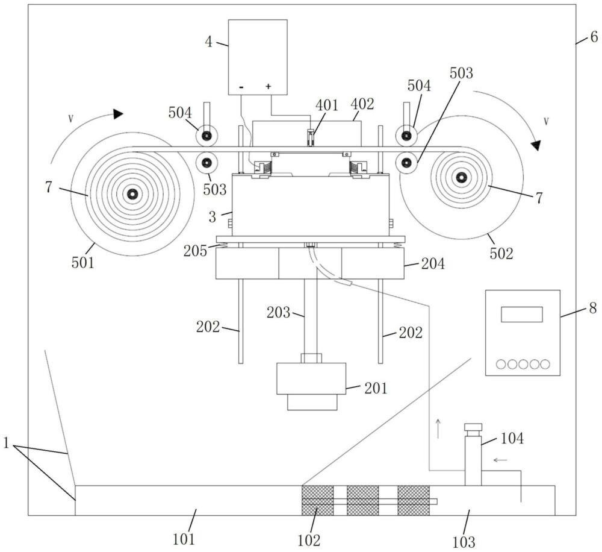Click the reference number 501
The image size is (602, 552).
point(82,263)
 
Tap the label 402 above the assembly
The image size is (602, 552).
point(362,104)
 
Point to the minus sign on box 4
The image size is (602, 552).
point(241,87)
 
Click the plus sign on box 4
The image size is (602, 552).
point(268,87)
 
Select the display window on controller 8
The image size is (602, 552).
point(522,314)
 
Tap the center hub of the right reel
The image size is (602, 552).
point(461,178)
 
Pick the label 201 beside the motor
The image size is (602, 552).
point(376,388)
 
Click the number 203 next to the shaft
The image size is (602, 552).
point(278,312)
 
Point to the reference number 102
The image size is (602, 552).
point(309,541)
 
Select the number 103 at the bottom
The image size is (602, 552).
point(464,542)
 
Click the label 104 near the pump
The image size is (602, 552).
point(512,438)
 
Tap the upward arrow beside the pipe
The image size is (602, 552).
point(438,429)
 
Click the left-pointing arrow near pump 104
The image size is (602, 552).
point(501,459)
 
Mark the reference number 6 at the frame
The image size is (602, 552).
point(594,37)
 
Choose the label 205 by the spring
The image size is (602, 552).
point(195,251)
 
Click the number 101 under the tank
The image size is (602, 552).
point(184,539)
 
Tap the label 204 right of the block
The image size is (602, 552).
point(433,264)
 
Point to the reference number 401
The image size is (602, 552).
point(326,105)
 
